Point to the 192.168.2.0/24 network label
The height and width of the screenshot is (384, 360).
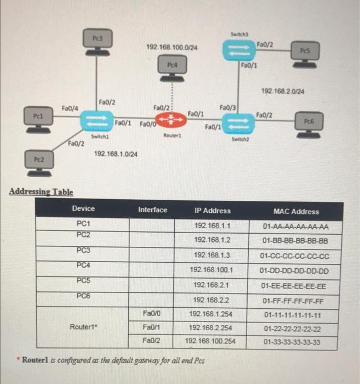[x=283, y=92]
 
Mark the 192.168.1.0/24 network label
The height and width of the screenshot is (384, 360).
[x=116, y=154]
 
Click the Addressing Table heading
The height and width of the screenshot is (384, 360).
[x=42, y=191]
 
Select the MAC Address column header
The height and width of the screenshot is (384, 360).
[x=296, y=211]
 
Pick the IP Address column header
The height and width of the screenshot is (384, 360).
[x=212, y=211]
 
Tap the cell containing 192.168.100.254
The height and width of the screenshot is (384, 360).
[x=210, y=341]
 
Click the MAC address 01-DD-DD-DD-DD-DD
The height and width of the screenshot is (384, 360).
[x=295, y=270]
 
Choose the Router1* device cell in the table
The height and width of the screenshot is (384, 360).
[x=83, y=327]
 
